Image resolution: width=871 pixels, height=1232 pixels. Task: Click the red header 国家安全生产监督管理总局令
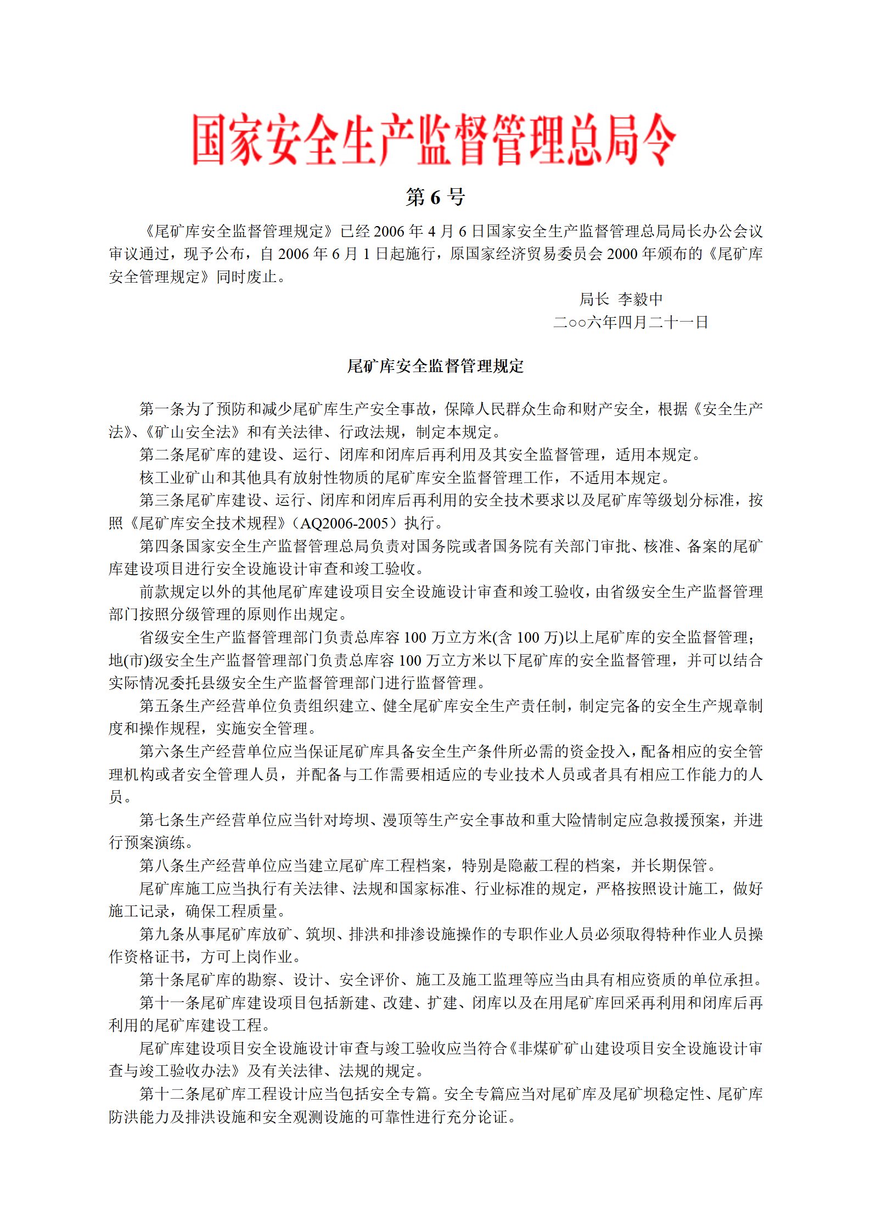(x=434, y=140)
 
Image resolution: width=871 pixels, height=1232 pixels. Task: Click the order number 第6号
(x=435, y=197)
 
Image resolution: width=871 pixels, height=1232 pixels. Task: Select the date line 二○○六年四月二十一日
(x=631, y=322)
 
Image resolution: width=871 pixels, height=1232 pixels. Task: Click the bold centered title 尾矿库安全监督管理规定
(x=435, y=366)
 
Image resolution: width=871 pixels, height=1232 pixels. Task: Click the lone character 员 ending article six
(x=116, y=797)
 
